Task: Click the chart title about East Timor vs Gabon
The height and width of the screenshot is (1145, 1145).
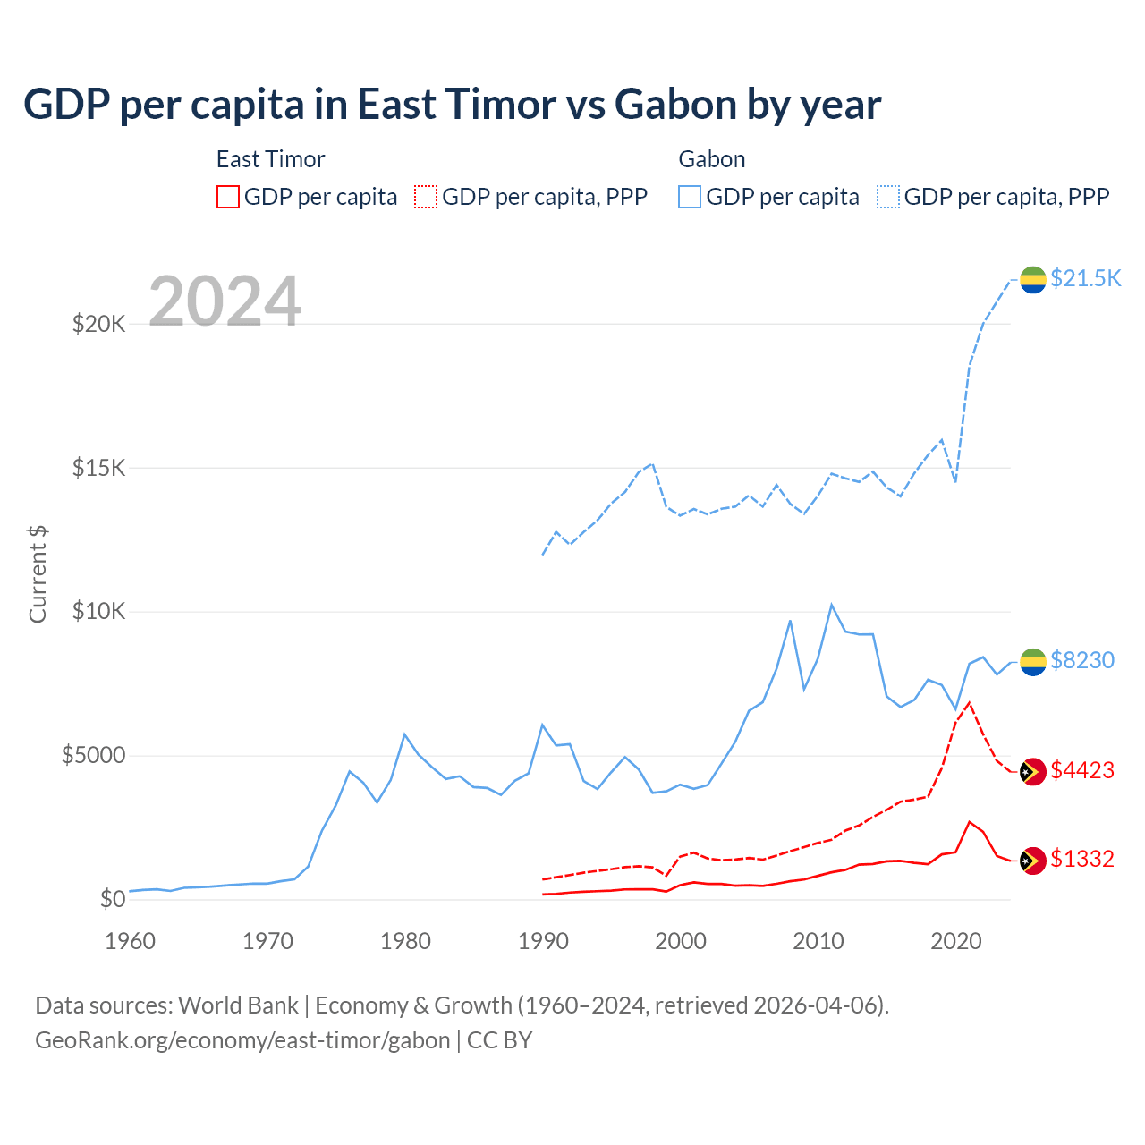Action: point(452,105)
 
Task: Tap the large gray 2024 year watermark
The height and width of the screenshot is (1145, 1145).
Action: point(225,301)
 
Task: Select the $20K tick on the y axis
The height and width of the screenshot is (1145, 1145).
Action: point(98,324)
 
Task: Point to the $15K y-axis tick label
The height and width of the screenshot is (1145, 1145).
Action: point(98,468)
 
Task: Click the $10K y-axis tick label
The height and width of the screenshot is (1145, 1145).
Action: point(98,612)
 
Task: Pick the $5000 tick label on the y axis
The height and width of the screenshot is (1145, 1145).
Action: point(93,756)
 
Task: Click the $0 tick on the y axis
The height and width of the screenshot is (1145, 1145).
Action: point(112,899)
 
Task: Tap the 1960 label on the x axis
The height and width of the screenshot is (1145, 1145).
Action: point(130,941)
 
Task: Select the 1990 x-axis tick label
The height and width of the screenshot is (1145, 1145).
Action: point(543,941)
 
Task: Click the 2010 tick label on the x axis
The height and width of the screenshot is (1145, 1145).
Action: point(818,941)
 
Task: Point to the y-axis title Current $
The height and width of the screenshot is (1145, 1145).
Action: point(38,573)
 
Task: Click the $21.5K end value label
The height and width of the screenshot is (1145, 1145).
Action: point(1085,278)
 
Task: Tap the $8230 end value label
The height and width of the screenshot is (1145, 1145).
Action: point(1082,660)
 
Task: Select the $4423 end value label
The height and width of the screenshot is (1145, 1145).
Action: point(1082,770)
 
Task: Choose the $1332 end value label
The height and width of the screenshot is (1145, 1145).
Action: point(1082,859)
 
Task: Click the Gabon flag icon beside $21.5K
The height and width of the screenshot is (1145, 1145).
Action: point(1033,279)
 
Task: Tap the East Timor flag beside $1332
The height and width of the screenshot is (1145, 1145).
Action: point(1033,860)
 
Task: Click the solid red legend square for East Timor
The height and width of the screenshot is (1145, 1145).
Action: point(228,197)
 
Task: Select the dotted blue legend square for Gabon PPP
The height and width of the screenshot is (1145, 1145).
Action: point(888,197)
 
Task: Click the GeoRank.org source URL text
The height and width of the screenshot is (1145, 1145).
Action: point(242,1040)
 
